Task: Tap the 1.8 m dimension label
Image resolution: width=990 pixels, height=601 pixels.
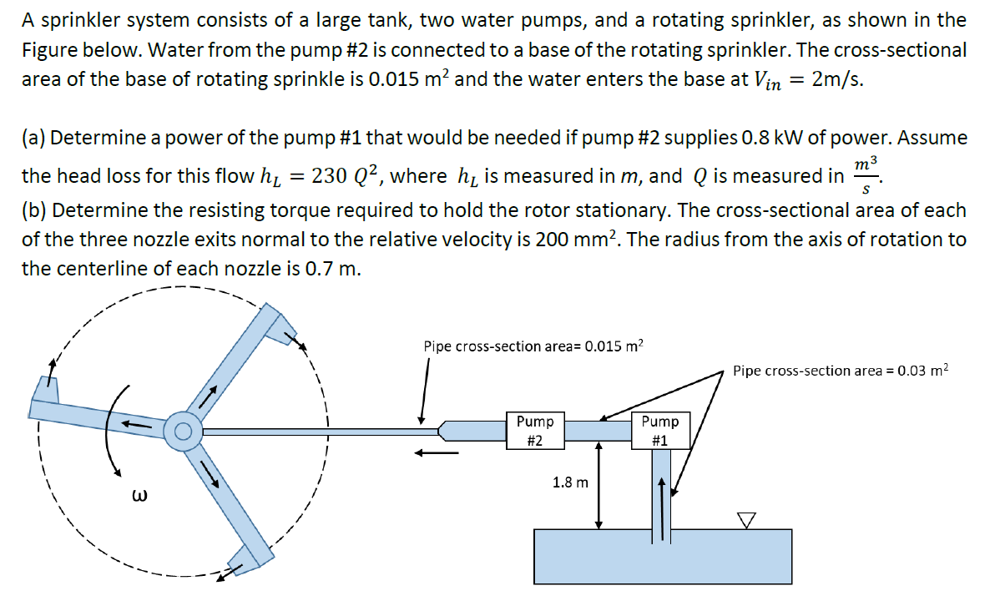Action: pyautogui.click(x=570, y=482)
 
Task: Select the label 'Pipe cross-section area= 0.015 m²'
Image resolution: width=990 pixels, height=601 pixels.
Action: pyautogui.click(x=533, y=346)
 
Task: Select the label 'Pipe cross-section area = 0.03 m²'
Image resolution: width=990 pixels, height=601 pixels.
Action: pyautogui.click(x=841, y=370)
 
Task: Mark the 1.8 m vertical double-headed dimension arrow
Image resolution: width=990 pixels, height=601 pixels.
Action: pyautogui.click(x=598, y=485)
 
